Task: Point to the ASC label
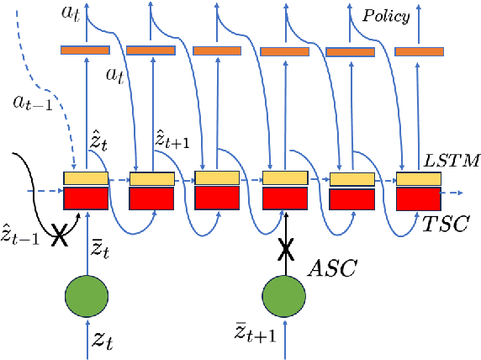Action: tap(334, 269)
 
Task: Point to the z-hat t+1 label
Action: tap(172, 140)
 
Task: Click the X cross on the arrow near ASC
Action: tap(285, 250)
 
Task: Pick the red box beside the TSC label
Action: tap(418, 199)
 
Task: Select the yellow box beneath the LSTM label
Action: tap(418, 179)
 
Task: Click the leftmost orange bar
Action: tap(86, 50)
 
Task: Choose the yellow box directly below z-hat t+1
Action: tap(151, 178)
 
